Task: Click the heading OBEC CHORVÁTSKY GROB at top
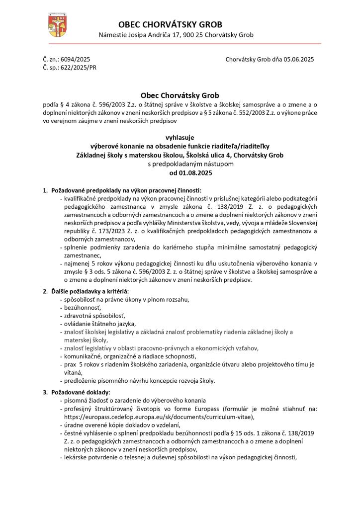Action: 171,24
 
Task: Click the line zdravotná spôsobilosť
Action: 92,316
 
